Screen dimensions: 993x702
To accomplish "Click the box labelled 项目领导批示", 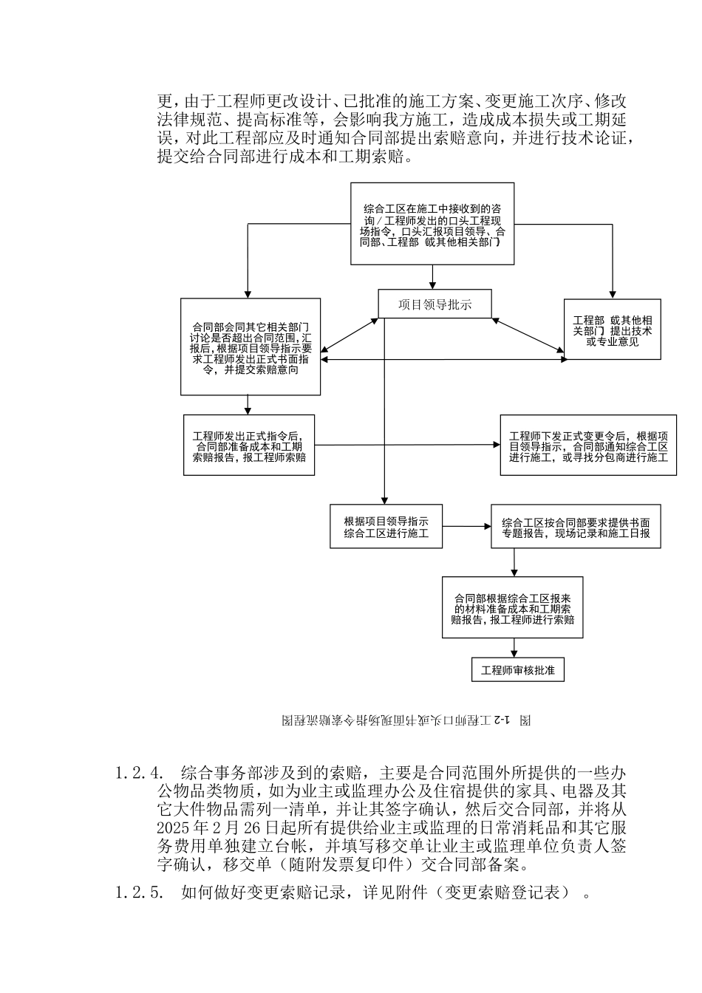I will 435,304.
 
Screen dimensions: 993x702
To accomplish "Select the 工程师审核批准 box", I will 517,669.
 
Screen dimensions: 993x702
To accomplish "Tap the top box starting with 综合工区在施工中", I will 432,224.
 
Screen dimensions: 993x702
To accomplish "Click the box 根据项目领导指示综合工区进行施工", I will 386,526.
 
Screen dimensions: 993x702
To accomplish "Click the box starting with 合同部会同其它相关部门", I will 251,347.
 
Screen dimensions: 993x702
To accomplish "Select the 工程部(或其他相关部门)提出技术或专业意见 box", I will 612,330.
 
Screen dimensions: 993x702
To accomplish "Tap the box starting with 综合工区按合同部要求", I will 576,527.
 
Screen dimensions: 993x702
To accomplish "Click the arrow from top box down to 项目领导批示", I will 433,277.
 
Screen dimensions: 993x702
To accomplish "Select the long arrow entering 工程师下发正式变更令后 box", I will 406,445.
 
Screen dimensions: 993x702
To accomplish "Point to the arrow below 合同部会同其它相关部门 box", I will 248,404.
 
